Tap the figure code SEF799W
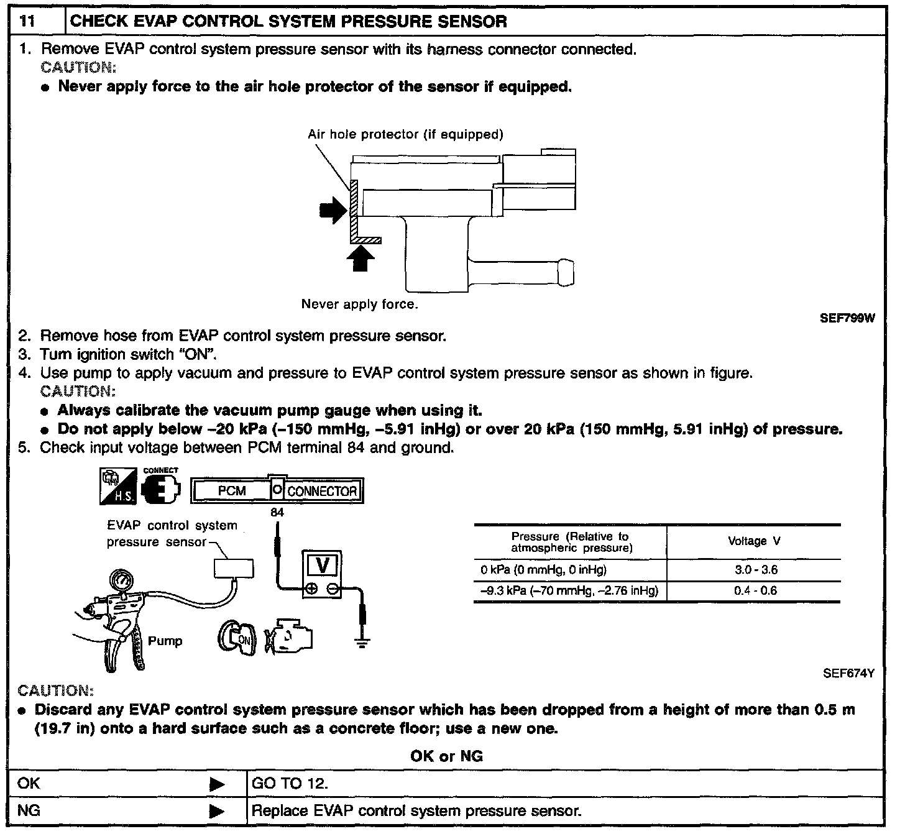click(848, 318)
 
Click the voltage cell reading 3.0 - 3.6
click(755, 570)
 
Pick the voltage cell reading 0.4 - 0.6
click(755, 591)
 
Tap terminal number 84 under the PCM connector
click(277, 513)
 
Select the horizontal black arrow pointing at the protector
click(333, 211)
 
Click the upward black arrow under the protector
click(361, 259)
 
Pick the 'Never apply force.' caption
click(359, 305)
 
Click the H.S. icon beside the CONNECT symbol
click(117, 487)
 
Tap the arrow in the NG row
click(216, 812)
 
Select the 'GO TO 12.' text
click(290, 784)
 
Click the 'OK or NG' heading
click(446, 756)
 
